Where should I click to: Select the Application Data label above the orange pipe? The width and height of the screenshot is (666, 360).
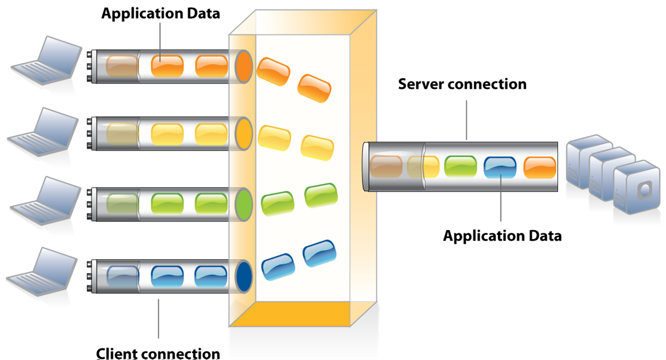click(x=161, y=14)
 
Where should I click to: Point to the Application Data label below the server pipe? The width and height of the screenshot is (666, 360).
click(x=502, y=236)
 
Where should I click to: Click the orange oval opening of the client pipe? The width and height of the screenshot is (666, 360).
click(x=244, y=67)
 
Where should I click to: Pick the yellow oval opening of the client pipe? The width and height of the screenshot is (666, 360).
click(x=244, y=134)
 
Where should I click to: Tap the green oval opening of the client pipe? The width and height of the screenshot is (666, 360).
click(x=244, y=204)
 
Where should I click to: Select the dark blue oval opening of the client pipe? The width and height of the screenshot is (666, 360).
click(x=244, y=277)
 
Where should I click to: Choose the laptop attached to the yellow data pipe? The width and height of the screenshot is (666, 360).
click(x=43, y=132)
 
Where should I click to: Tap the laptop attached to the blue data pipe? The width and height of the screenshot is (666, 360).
click(x=42, y=272)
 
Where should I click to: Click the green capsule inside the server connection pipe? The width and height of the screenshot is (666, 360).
click(x=461, y=166)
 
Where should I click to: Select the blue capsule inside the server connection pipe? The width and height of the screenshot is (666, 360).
click(x=500, y=168)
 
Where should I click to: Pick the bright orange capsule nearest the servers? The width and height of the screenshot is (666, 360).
click(x=540, y=168)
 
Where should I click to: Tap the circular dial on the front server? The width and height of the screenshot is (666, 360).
click(x=645, y=190)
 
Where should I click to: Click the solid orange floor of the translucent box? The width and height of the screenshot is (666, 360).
click(x=290, y=314)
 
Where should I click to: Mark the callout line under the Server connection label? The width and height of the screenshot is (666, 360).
click(x=466, y=120)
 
